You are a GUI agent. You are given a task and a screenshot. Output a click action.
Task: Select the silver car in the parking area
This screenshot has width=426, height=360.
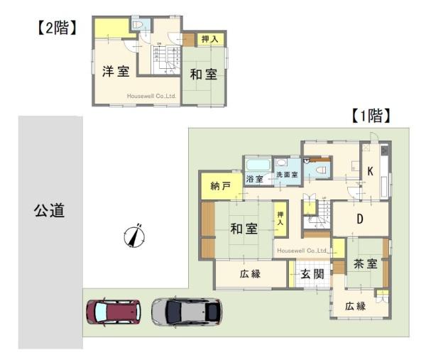click(x=187, y=311)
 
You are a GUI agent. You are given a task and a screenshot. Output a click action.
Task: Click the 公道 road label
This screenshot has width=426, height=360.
click(x=49, y=210)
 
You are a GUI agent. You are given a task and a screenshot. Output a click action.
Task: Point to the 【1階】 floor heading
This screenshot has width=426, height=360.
click(x=371, y=116)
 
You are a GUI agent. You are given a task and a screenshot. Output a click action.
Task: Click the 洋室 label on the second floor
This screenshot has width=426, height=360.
click(x=114, y=71)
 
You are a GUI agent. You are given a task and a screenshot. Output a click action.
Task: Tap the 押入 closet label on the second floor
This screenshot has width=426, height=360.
click(x=209, y=40)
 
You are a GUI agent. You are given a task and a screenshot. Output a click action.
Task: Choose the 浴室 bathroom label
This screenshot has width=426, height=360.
click(x=254, y=179)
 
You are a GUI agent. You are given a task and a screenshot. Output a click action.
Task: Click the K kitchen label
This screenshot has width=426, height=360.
click(x=370, y=171)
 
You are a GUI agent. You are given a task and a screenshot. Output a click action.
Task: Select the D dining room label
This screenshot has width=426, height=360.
click(x=359, y=219)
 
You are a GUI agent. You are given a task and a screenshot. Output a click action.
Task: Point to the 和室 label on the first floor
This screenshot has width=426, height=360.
click(x=244, y=228)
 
